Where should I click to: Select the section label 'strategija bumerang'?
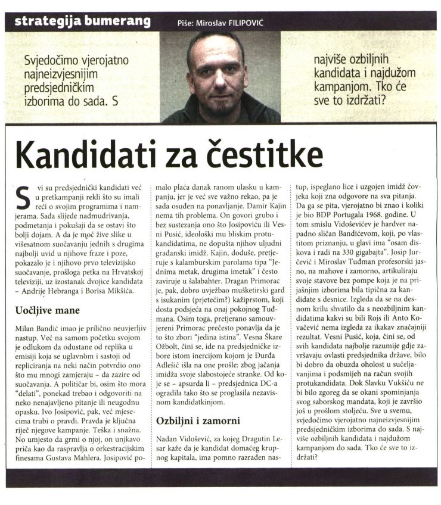coord(82,23)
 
